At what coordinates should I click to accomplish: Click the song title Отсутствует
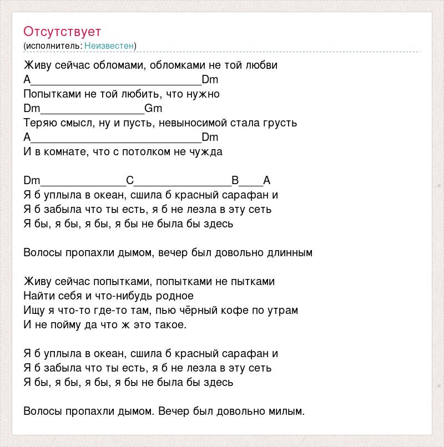[62, 31]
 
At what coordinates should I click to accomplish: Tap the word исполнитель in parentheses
[53, 45]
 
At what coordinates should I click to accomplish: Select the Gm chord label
[153, 108]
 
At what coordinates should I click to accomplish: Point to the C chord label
[130, 180]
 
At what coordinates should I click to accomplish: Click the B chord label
[235, 180]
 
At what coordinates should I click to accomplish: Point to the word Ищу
[34, 311]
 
